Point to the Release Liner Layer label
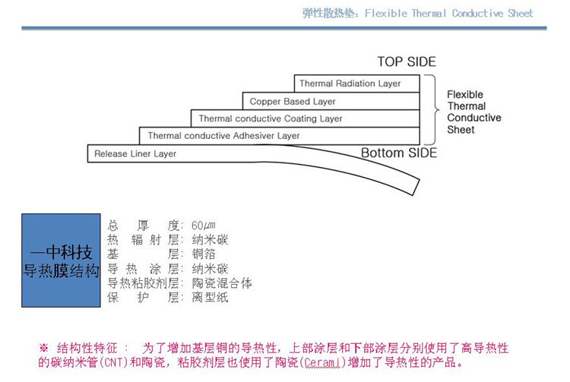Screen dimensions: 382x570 coord(135,154)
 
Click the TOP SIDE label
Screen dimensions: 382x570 coord(407,62)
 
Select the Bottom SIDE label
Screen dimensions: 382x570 coord(399,153)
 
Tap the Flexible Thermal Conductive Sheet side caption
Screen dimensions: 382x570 coord(473,112)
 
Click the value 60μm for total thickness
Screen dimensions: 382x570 coord(209,226)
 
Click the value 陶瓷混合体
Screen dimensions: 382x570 coord(222,283)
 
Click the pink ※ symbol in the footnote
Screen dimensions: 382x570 coord(43,349)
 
